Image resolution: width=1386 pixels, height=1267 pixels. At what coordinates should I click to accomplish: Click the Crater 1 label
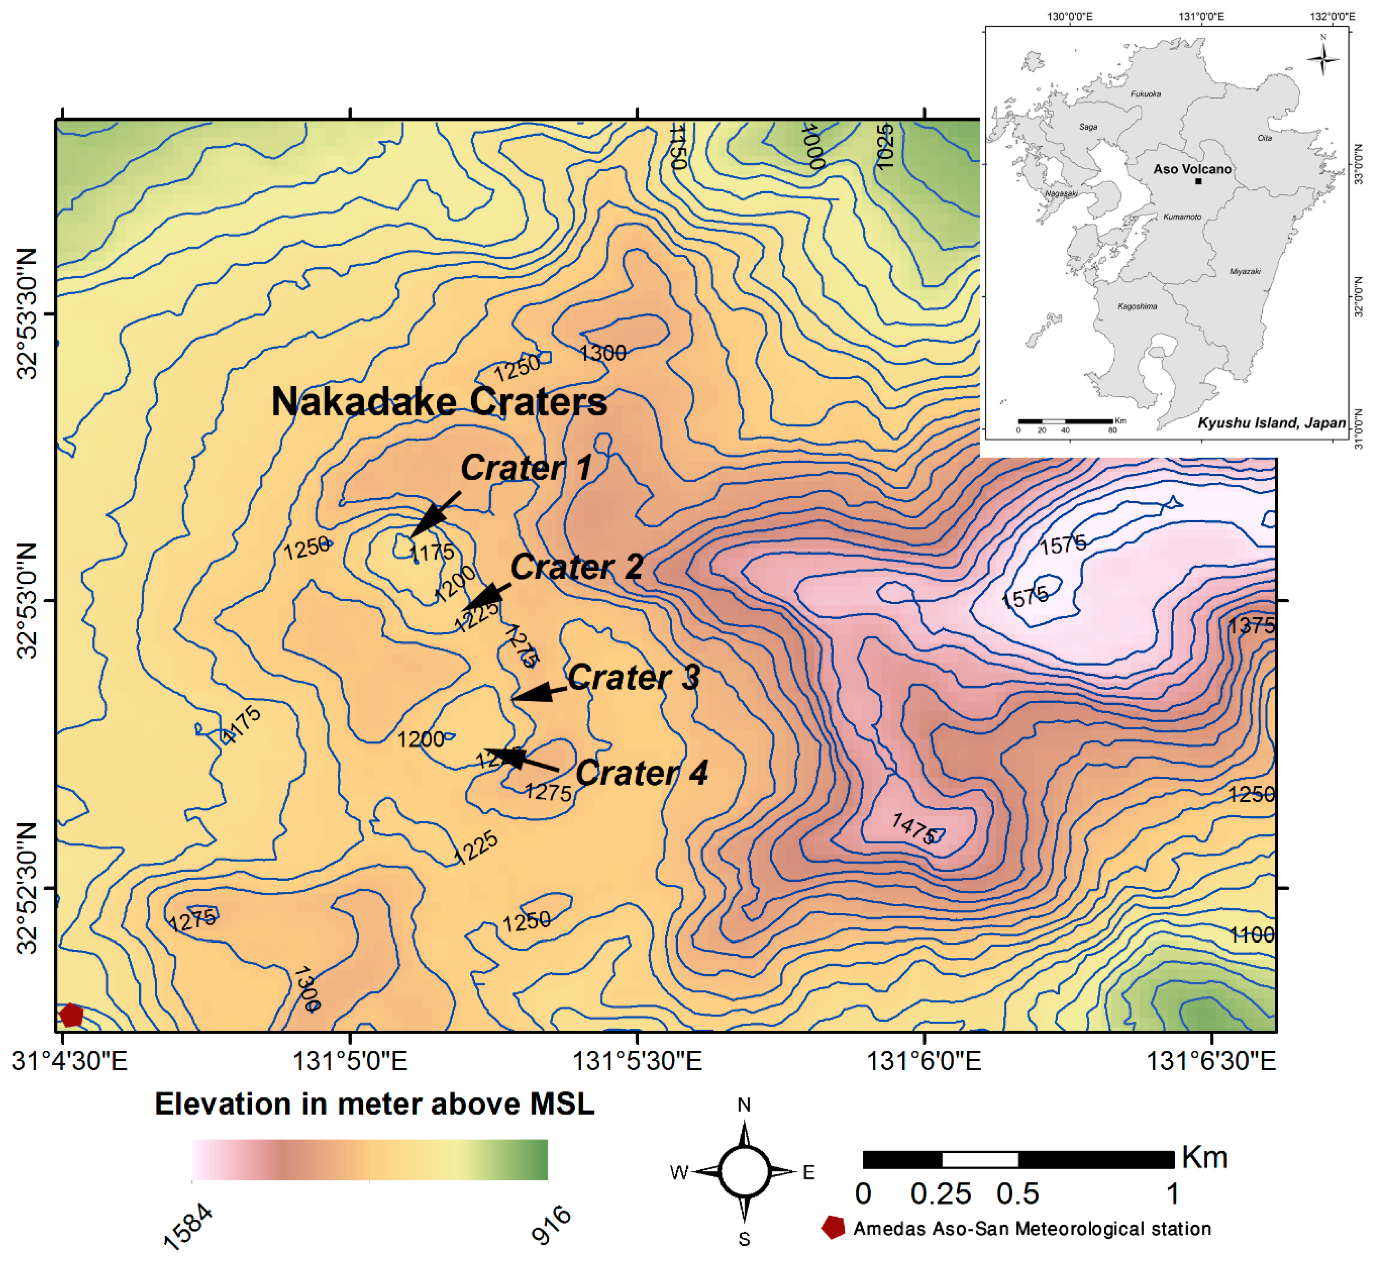(526, 468)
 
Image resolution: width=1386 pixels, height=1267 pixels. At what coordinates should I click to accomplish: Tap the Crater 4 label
(642, 773)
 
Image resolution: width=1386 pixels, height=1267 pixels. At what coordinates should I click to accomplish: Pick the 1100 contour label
(1251, 935)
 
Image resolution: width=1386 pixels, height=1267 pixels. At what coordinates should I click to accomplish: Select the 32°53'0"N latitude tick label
(28, 600)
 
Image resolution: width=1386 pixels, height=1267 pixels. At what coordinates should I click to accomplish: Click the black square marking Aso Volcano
(1198, 181)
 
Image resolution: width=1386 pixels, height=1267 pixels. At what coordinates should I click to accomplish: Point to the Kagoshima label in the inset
(1137, 306)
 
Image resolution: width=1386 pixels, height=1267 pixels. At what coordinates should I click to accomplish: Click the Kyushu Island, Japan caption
(1271, 423)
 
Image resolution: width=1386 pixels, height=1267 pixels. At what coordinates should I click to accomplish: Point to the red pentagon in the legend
(833, 1228)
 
